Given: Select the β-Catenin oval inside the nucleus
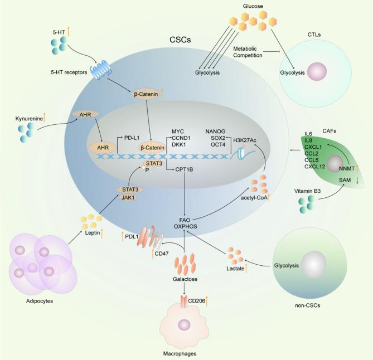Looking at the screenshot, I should point(153,148).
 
